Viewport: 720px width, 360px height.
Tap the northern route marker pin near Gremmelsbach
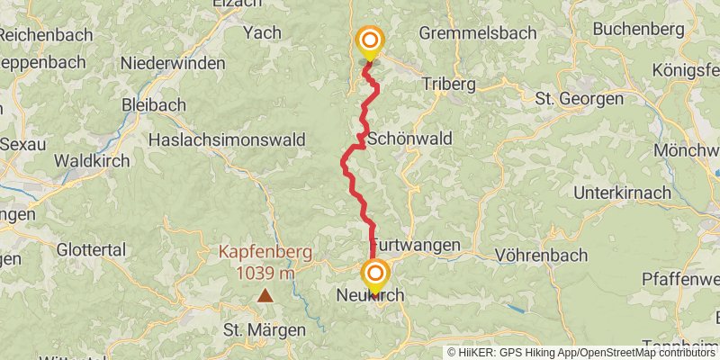pos(369,41)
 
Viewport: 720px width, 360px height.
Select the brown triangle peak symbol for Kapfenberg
pos(265,295)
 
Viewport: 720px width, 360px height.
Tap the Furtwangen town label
pos(416,245)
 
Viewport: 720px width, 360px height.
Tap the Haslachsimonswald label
pos(226,139)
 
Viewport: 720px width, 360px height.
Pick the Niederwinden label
pos(174,64)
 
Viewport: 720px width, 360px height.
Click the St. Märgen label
pos(265,330)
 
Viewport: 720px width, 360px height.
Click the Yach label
pos(263,33)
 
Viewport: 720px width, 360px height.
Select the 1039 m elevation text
pos(265,272)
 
